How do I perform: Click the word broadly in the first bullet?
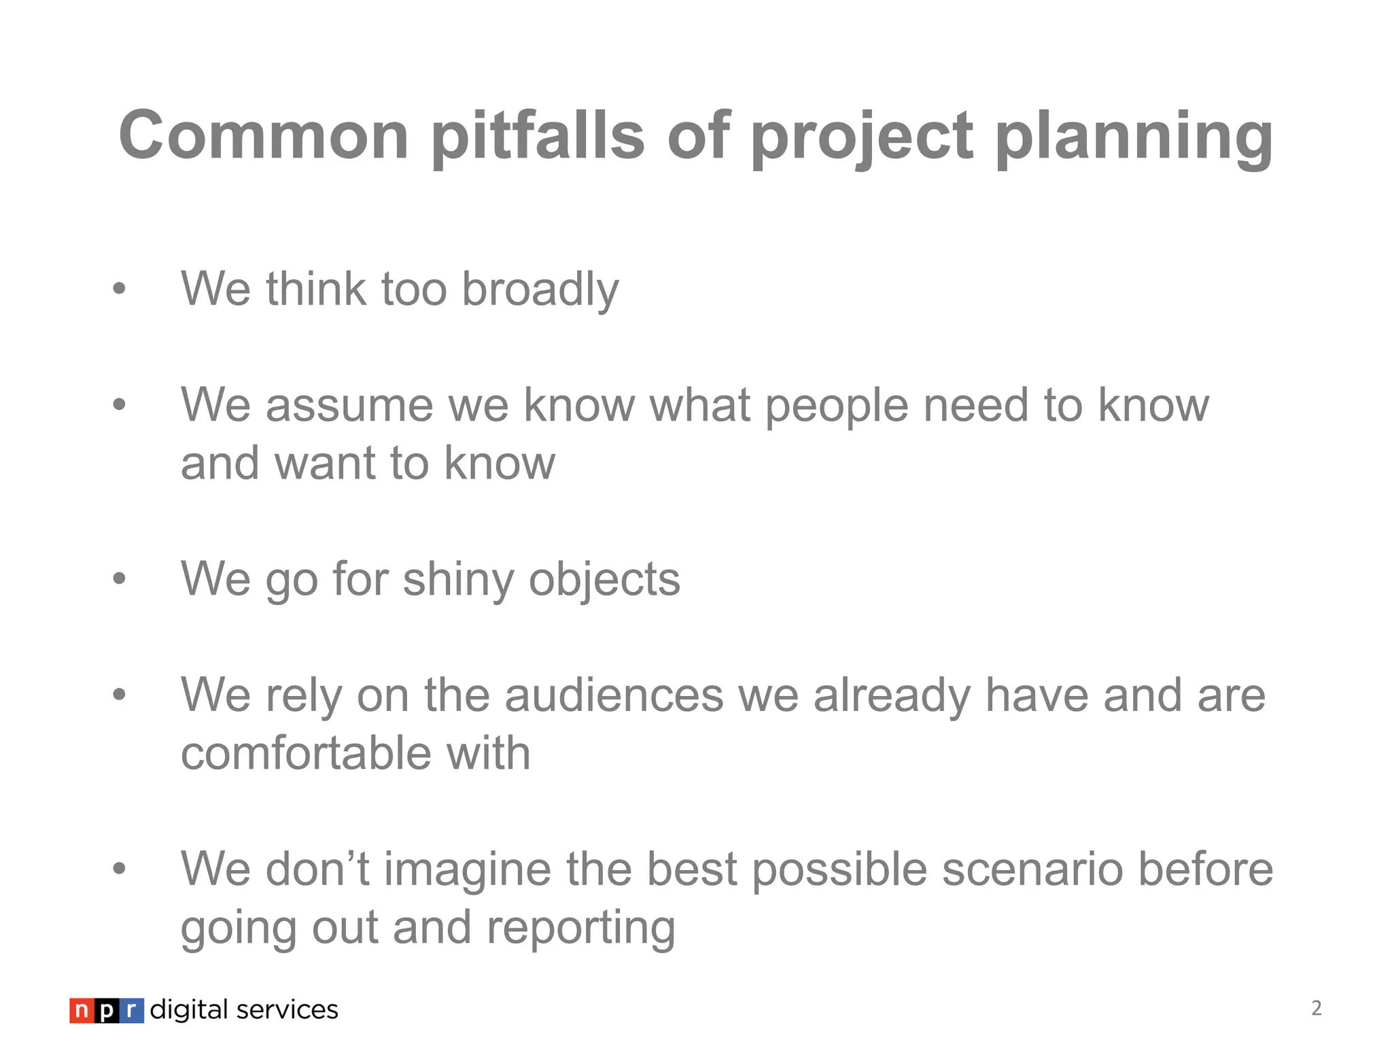(x=540, y=290)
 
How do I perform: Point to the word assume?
(x=349, y=406)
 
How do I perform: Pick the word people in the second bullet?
(x=837, y=406)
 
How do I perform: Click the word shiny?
(x=458, y=580)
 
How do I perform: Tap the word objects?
(x=604, y=580)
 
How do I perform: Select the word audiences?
(x=614, y=695)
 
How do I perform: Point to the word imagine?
(x=467, y=870)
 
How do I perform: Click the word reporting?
(x=580, y=928)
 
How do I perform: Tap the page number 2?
(x=1317, y=1008)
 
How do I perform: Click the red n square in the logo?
(x=81, y=1011)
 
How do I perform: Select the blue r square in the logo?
(x=132, y=1011)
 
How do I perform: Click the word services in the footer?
(x=287, y=1010)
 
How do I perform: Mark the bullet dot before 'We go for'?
(x=120, y=579)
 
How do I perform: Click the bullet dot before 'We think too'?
(x=120, y=289)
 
